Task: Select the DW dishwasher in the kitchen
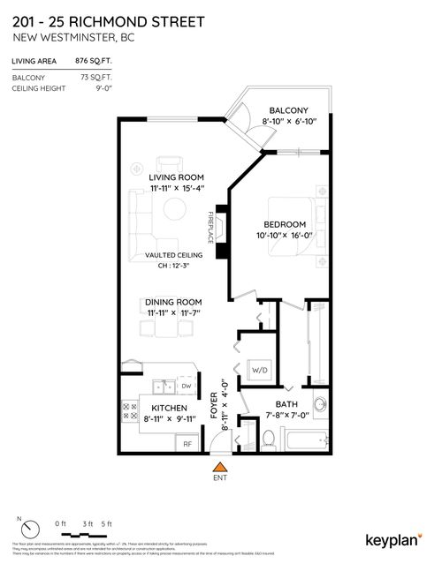[187, 386]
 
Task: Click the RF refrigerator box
[187, 444]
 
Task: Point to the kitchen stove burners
[129, 409]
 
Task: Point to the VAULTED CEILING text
[173, 255]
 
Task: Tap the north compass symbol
[30, 530]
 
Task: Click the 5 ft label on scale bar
[106, 524]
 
